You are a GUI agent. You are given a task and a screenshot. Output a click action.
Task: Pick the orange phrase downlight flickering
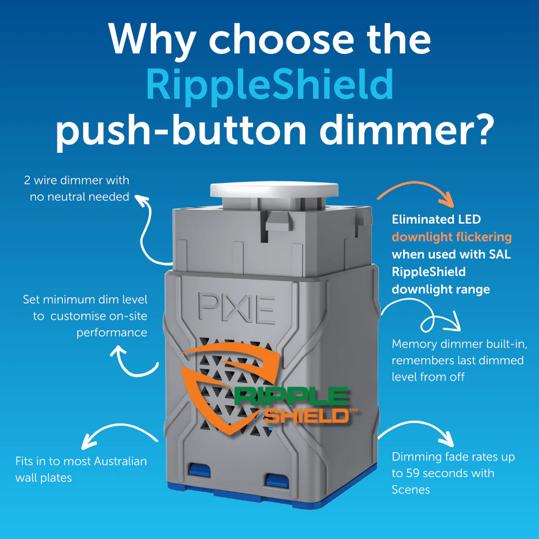coord(452,237)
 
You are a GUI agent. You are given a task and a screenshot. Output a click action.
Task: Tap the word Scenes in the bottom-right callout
coord(411,490)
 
